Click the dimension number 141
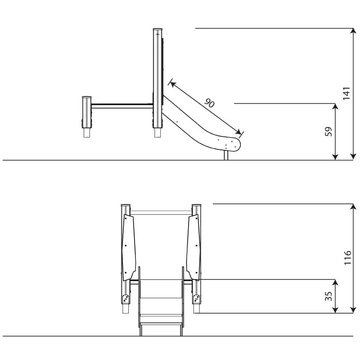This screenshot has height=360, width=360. pos(346,93)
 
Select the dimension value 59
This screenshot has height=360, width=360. pos(329,131)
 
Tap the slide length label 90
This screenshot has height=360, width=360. pos(209,103)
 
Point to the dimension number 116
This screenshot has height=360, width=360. pos(347,257)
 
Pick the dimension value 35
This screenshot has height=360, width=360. pos(329,296)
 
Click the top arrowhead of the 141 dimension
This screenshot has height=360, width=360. pos(353,31)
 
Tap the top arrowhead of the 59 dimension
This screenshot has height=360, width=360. pos(335,107)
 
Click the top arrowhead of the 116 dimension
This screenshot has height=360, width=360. pos(353,207)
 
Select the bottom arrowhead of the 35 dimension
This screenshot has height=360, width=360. pos(335,310)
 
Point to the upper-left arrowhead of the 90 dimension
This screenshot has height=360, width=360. pos(172,84)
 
